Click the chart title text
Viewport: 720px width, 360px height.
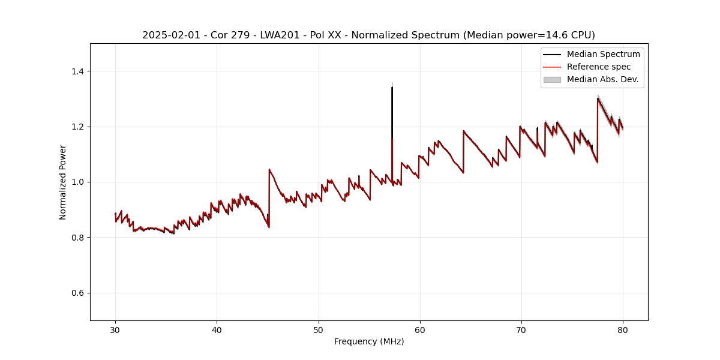(368, 35)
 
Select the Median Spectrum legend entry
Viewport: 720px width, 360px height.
(603, 54)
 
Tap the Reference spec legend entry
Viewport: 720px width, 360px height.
(598, 67)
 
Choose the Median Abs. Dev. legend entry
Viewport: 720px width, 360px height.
(602, 79)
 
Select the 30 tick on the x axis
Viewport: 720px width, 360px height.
(116, 329)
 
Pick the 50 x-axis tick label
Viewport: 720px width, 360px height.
(319, 329)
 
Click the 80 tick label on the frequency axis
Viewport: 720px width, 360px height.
(623, 329)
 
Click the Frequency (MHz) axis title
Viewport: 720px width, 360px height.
(369, 341)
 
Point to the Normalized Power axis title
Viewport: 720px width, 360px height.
(63, 182)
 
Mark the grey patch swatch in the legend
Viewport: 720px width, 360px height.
(551, 79)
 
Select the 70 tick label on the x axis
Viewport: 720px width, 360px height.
(521, 329)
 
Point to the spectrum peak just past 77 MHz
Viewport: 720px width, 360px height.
(598, 98)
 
